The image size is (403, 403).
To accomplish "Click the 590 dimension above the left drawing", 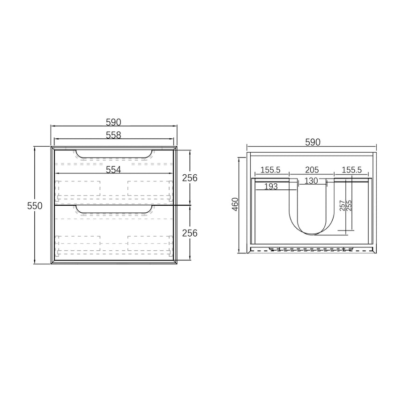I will click(113, 122).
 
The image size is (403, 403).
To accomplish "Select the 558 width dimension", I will click(113, 135).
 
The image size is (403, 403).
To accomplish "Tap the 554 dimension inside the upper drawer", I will click(113, 170).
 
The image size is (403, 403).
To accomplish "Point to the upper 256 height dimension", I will click(190, 178).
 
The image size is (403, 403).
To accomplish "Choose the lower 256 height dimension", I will click(190, 233).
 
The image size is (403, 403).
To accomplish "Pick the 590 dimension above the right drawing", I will click(313, 142).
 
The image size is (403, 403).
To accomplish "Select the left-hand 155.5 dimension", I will click(270, 170).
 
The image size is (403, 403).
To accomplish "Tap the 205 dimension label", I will click(312, 170).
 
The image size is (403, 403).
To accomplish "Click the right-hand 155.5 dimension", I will click(351, 170).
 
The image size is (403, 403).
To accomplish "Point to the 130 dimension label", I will click(312, 180).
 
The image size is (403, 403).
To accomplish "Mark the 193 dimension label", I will click(270, 187).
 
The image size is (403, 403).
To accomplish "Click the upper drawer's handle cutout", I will click(113, 154).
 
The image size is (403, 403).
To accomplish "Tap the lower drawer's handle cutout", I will click(113, 209).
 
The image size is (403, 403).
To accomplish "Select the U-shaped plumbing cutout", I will click(312, 211).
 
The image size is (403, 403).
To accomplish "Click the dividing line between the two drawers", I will click(113, 205).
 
